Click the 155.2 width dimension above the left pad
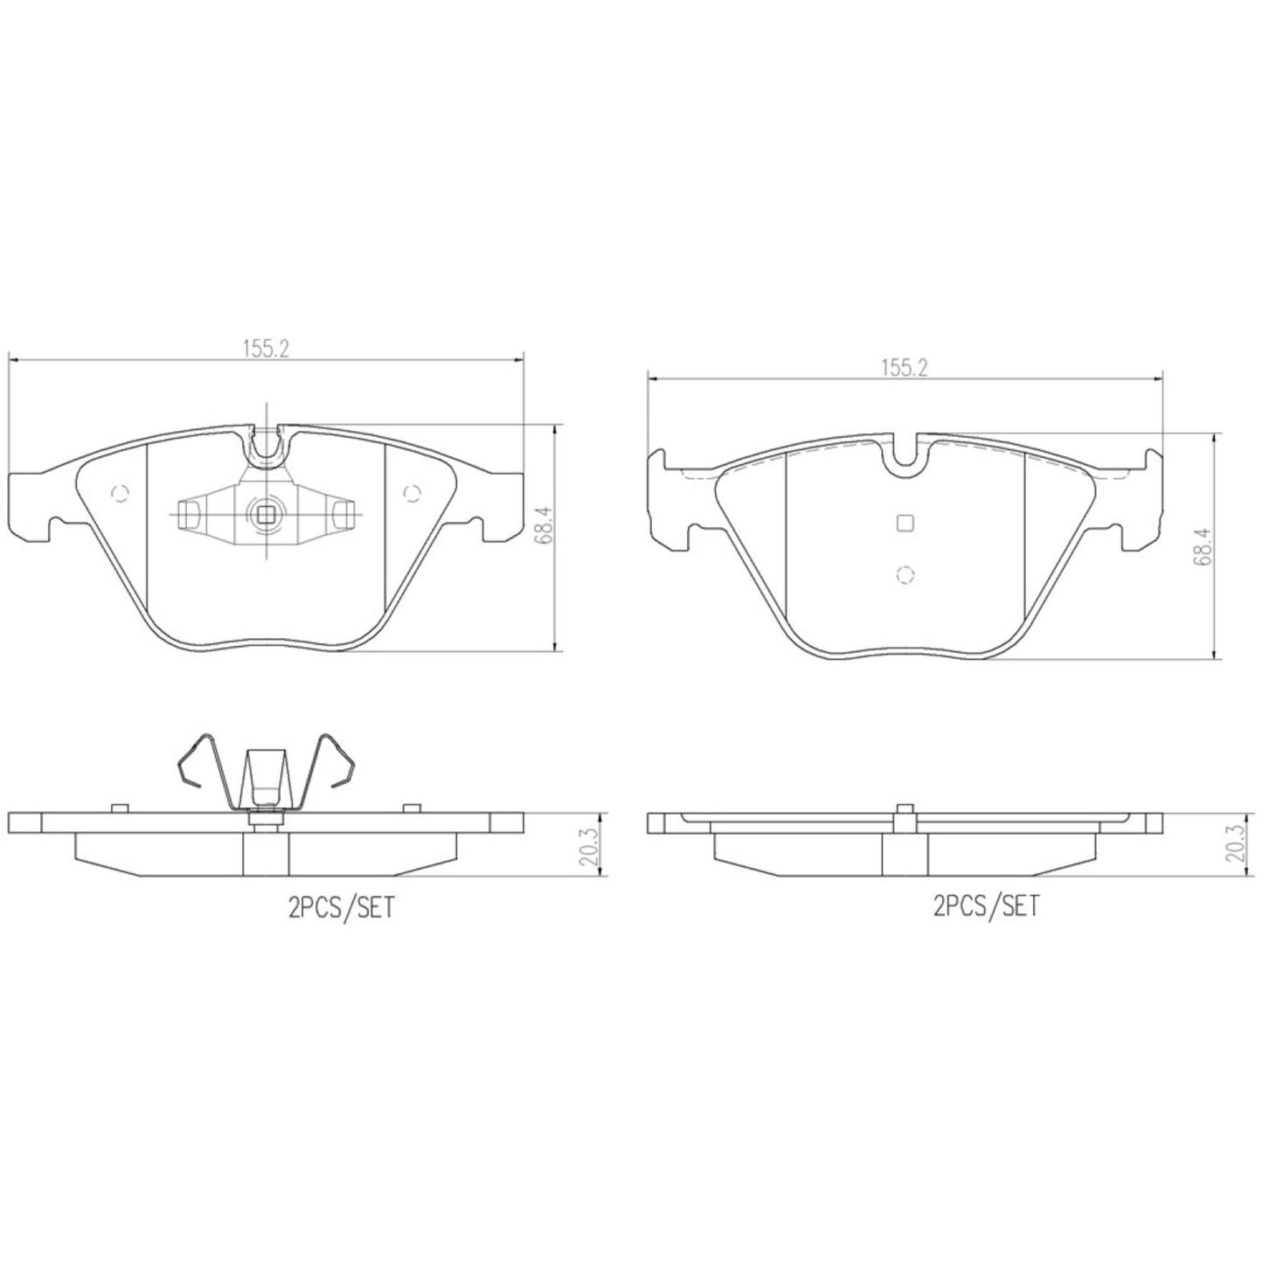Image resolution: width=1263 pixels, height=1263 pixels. (x=266, y=348)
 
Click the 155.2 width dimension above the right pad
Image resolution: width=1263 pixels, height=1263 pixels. (x=905, y=368)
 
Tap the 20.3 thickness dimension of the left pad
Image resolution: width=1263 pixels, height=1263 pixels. (x=587, y=846)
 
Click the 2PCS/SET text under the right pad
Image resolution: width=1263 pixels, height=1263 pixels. (x=987, y=906)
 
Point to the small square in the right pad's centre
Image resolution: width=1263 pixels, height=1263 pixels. (x=905, y=523)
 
